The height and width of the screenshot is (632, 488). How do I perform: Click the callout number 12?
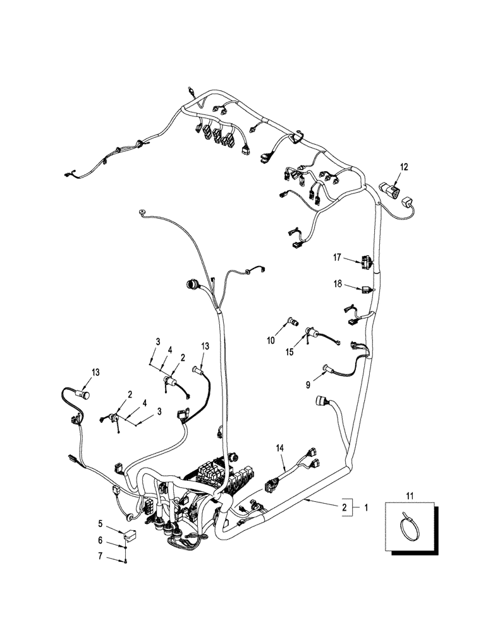(x=404, y=167)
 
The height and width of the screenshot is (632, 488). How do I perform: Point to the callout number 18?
(x=338, y=285)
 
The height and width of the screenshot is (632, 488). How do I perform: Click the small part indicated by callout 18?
(x=367, y=290)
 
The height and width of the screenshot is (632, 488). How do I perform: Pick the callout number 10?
(x=271, y=341)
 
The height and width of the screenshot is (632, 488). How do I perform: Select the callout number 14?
(x=279, y=447)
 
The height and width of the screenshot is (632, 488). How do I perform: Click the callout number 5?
(x=99, y=523)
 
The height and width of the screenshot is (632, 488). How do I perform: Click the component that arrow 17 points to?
(x=367, y=260)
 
